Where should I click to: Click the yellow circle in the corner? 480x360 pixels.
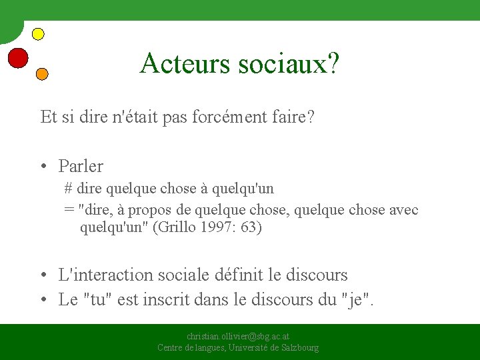point(38,33)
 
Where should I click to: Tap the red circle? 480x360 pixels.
point(18,59)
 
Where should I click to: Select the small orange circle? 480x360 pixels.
point(41,74)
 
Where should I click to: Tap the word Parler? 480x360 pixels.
point(81,165)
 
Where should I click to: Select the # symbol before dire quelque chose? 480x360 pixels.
point(68,189)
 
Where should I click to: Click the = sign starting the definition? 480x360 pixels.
point(69,210)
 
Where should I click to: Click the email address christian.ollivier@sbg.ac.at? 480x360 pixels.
point(238,337)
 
